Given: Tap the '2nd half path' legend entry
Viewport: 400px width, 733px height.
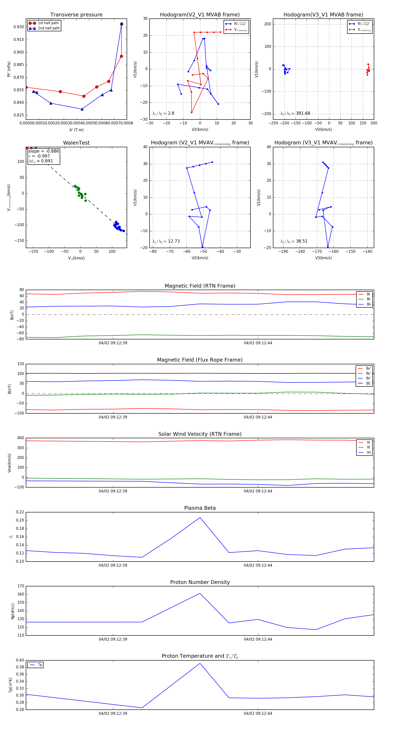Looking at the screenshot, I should click(x=49, y=28).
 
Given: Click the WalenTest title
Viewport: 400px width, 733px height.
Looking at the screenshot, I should click(x=76, y=143).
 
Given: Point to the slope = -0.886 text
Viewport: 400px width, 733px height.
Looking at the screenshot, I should click(x=44, y=151).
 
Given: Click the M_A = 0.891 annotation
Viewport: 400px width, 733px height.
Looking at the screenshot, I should click(x=41, y=161).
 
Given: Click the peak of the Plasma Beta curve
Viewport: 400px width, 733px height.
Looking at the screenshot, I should click(x=200, y=518).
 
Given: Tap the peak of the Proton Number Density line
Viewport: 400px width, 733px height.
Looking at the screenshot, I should click(x=200, y=593).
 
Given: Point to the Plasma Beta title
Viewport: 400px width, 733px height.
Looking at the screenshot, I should click(x=200, y=508).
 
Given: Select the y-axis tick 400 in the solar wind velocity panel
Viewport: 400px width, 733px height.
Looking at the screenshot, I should click(x=20, y=438).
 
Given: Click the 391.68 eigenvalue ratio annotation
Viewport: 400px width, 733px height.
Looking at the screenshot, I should click(x=303, y=113).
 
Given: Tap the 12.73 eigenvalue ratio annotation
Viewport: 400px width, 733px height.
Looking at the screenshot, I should click(x=174, y=241).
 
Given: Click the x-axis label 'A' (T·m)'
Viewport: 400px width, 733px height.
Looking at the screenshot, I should click(x=76, y=130).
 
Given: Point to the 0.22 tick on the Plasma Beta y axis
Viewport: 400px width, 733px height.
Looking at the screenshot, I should click(x=20, y=512).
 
